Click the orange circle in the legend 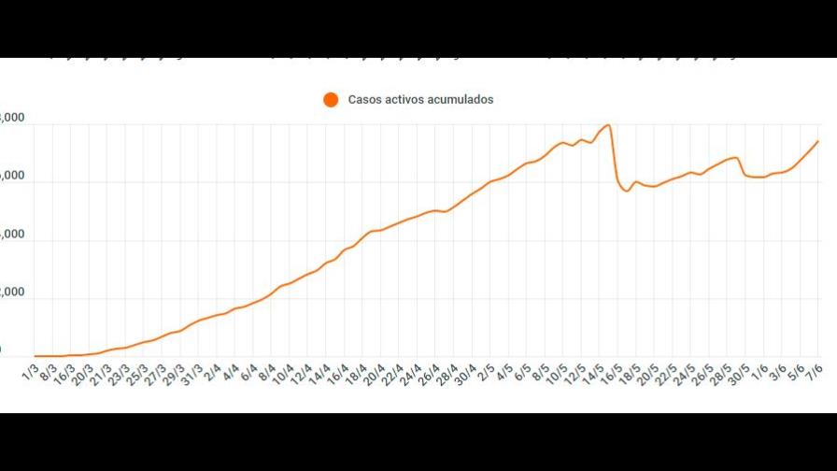[x=330, y=99]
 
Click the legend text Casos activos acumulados [x=420, y=99]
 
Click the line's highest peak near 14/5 [x=608, y=124]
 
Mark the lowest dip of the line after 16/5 [x=627, y=192]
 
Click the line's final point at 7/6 [x=818, y=141]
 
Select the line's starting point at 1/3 [x=35, y=356]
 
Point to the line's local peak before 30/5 [x=736, y=157]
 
